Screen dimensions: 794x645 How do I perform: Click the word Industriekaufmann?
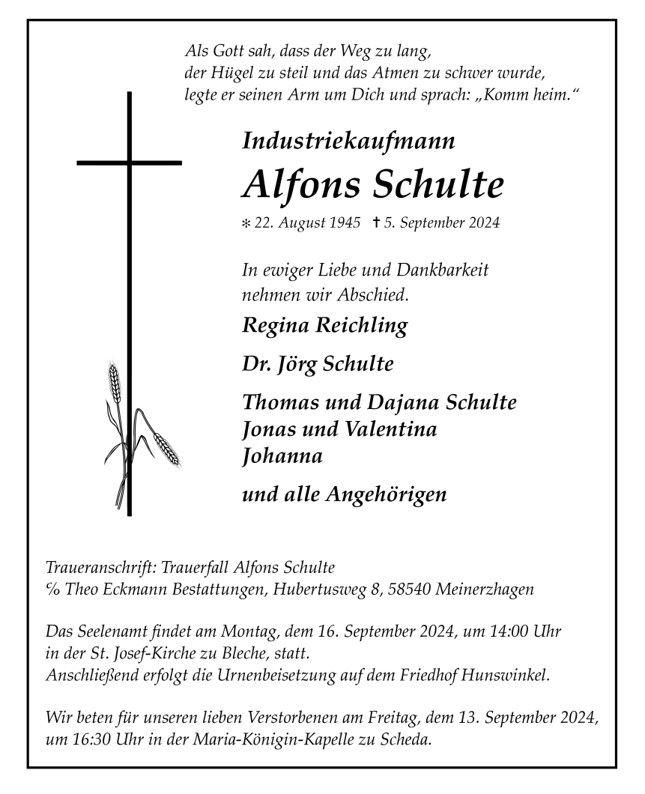[348, 140]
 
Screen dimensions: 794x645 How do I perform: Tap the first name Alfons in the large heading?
[301, 184]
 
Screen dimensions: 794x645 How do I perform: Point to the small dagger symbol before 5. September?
[375, 222]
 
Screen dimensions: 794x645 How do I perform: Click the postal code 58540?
[409, 590]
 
